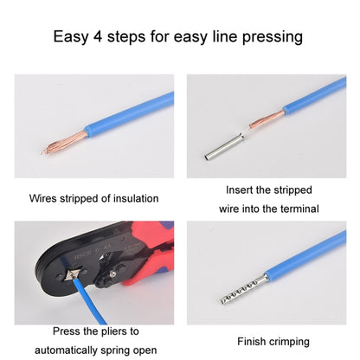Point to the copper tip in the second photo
255,125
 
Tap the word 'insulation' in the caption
137,197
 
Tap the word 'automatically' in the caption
71,350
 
